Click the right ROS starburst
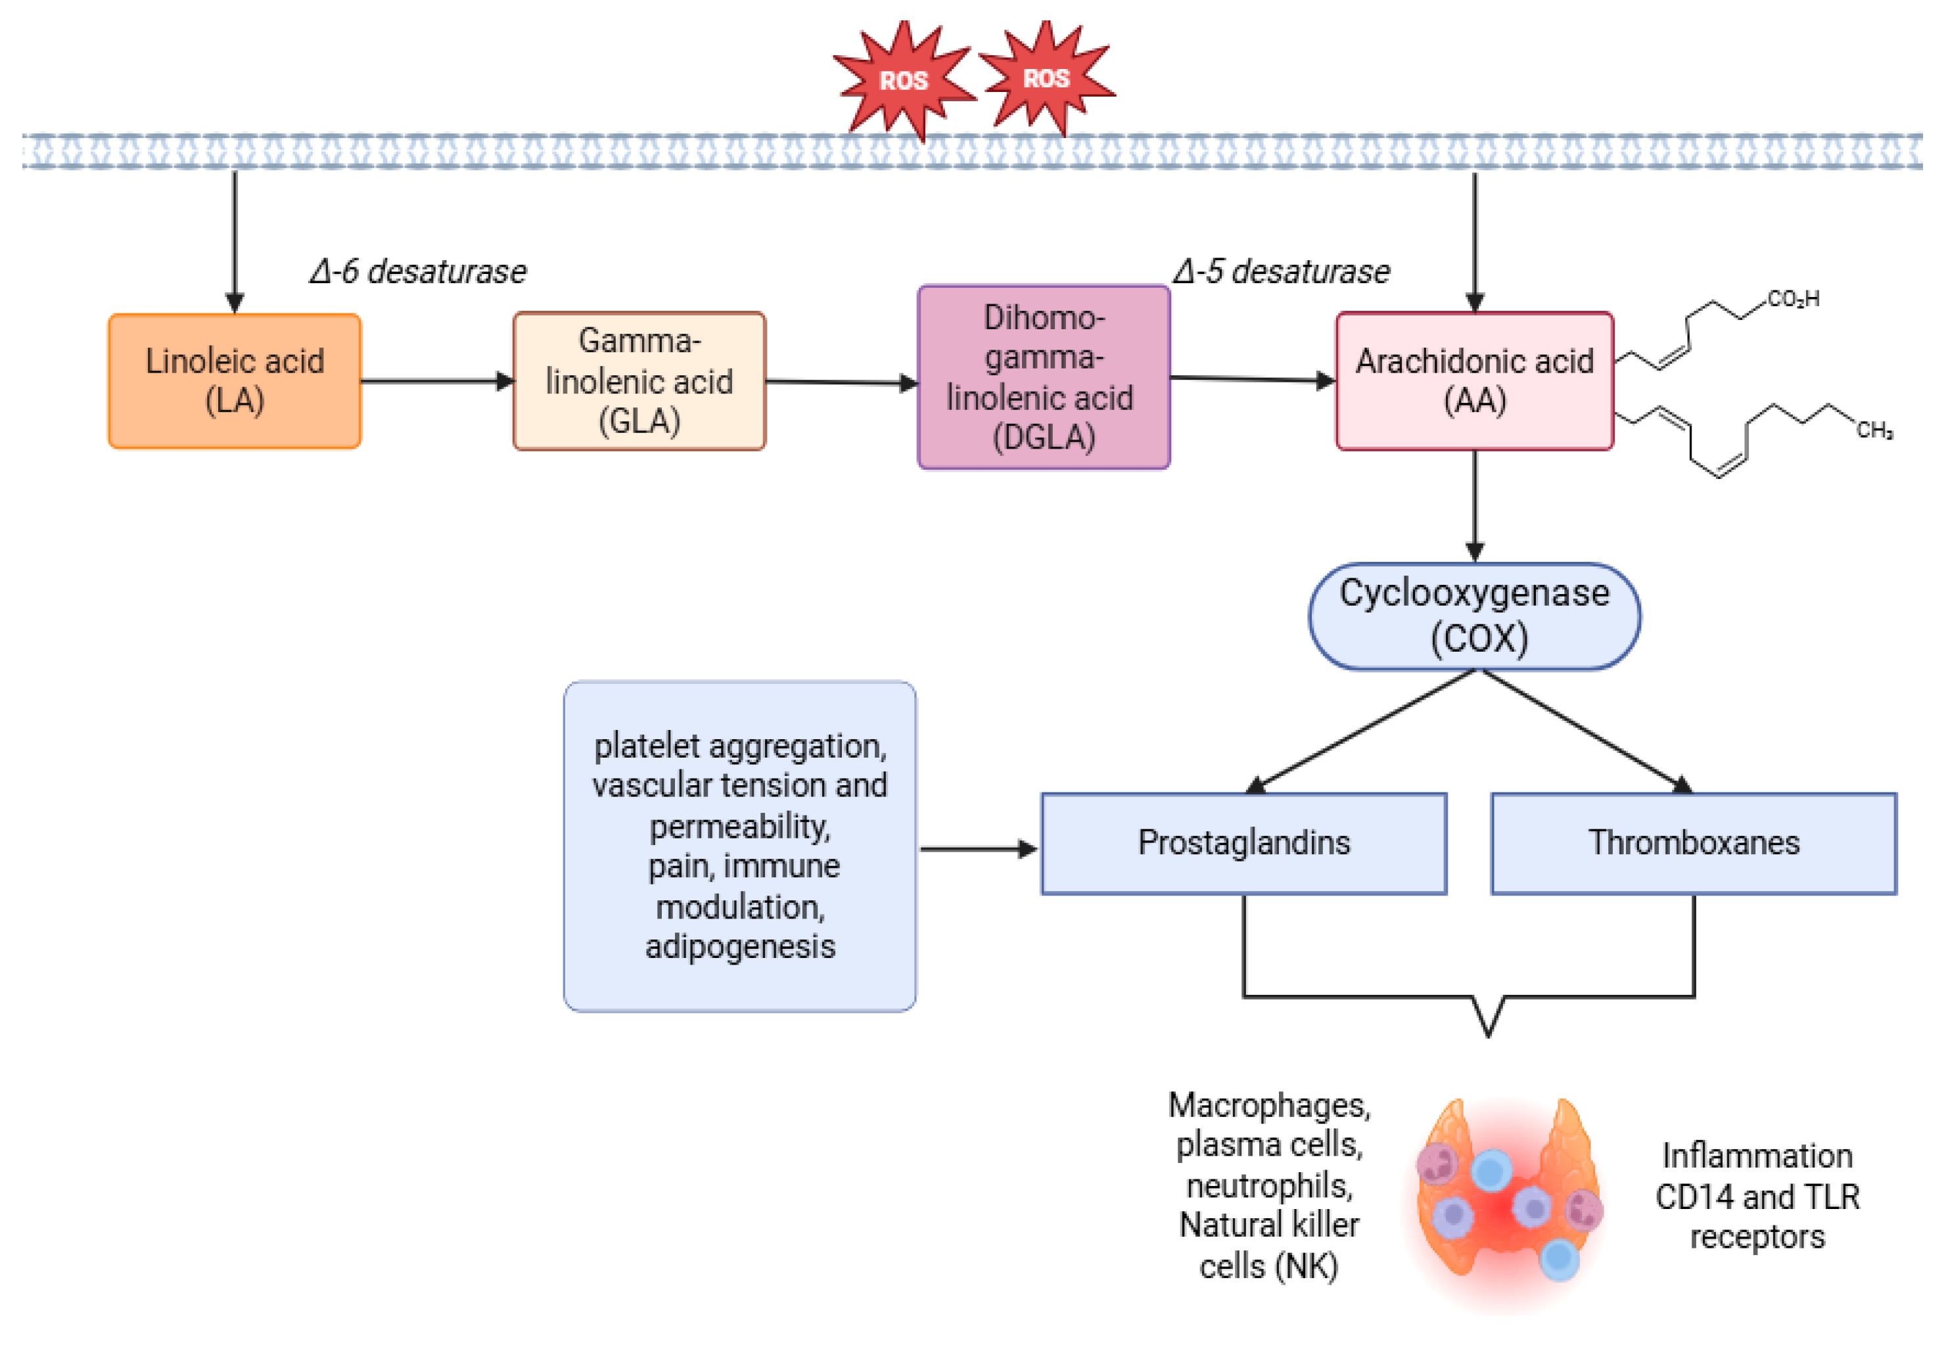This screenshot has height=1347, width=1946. tap(1046, 78)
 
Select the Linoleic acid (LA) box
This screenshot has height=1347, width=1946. tap(235, 380)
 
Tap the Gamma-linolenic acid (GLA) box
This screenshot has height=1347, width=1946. tap(639, 380)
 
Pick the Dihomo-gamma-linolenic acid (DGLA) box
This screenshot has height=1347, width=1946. tap(1044, 377)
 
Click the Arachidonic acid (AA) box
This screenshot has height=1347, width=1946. tap(1474, 380)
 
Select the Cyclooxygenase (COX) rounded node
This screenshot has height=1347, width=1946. tap(1474, 616)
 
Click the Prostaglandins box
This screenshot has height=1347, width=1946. tap(1243, 843)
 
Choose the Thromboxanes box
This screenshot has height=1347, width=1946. tap(1694, 843)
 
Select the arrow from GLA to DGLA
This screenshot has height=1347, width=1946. tap(841, 382)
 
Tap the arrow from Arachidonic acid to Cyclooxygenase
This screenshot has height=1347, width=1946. tap(1475, 507)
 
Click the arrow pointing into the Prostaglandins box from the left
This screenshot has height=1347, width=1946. tap(978, 849)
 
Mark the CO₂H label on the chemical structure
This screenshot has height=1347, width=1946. tap(1793, 299)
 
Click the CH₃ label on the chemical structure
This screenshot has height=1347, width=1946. tap(1874, 430)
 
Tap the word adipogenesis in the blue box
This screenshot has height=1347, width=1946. tap(741, 947)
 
